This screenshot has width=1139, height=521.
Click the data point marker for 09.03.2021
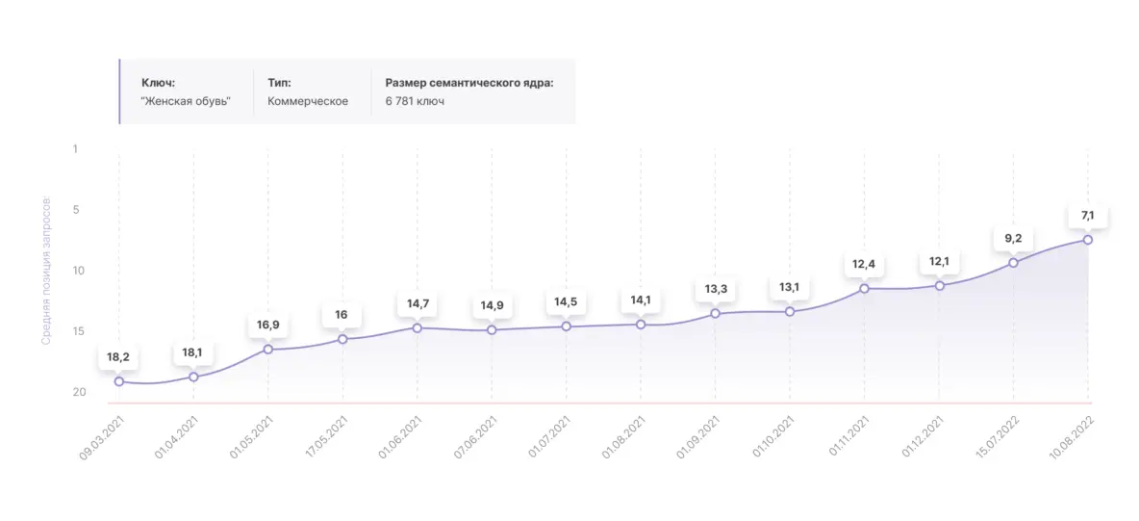click(119, 381)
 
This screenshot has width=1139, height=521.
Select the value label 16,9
click(268, 325)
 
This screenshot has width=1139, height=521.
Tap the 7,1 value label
click(1088, 215)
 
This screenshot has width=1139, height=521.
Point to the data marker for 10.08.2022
click(1088, 240)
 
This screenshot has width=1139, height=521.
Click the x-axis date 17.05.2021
click(324, 438)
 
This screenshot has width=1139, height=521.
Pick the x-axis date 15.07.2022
click(995, 438)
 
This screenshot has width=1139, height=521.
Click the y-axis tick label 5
click(74, 210)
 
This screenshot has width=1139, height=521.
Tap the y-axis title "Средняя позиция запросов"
click(45, 273)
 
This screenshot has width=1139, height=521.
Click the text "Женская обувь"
click(186, 101)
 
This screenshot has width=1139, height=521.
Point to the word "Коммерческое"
click(308, 101)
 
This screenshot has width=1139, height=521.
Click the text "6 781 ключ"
click(415, 101)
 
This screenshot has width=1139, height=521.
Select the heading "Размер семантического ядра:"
click(469, 83)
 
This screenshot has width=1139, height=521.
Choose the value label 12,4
click(864, 264)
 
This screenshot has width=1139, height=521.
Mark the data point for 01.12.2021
click(939, 285)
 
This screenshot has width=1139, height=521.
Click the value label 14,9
click(492, 305)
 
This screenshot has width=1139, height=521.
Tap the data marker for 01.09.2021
click(715, 313)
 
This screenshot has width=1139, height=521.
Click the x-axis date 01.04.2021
click(176, 438)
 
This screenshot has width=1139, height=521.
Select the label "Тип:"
click(280, 83)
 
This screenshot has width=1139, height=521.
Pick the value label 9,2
click(1013, 238)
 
